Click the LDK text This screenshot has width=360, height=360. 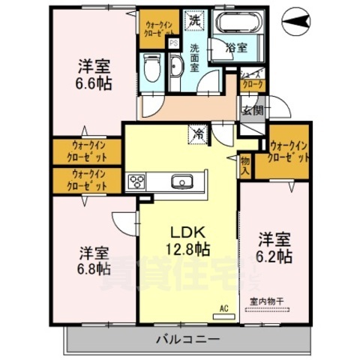(187, 230)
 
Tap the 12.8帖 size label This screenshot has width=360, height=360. (187, 247)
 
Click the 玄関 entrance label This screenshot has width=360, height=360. (251, 109)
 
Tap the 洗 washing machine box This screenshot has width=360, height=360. (194, 20)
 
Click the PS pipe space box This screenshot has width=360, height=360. (173, 43)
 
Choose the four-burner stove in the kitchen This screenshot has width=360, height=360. (137, 181)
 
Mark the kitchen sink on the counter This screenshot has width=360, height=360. (183, 181)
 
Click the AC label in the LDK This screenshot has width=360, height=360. (223, 307)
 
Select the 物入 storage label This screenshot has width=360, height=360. (245, 163)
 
